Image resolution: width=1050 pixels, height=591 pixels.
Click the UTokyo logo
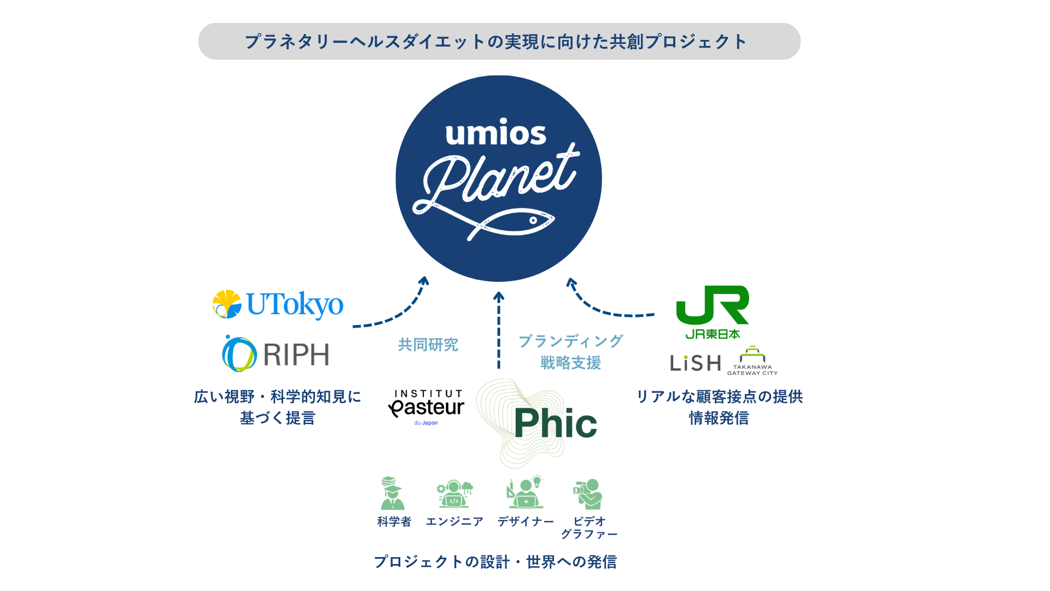tap(277, 304)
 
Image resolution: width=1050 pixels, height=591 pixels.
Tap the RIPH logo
tap(276, 354)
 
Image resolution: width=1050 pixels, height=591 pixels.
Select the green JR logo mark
tap(712, 304)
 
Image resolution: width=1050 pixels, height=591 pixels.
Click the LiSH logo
tap(695, 363)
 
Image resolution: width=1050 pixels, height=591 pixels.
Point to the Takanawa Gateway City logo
tap(752, 361)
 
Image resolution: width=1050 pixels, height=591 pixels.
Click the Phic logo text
tap(555, 424)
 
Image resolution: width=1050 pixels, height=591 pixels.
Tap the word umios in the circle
tap(495, 134)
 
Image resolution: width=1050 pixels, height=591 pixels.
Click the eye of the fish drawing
tap(533, 220)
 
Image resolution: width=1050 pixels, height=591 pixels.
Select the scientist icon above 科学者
tap(392, 493)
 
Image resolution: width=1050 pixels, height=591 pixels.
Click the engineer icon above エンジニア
tap(454, 494)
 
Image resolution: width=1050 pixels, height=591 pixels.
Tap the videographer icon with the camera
tap(588, 494)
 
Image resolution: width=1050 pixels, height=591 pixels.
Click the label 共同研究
tap(428, 345)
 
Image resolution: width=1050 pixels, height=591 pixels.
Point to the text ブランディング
tap(570, 341)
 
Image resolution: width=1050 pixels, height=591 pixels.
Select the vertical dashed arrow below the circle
tap(498, 331)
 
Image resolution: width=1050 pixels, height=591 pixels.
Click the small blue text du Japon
tap(426, 423)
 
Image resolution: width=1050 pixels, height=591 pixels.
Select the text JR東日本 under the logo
tap(713, 334)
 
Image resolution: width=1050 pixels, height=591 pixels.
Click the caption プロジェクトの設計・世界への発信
tap(495, 561)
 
